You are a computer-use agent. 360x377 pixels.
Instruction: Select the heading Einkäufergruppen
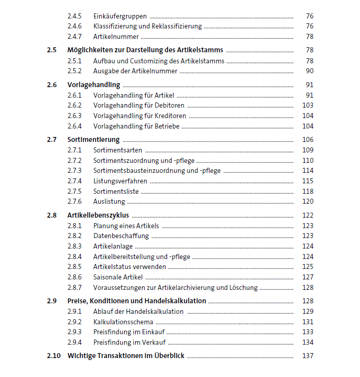[120, 16]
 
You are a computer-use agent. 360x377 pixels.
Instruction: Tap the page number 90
[309, 71]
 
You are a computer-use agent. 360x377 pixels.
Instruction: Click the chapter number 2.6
[52, 85]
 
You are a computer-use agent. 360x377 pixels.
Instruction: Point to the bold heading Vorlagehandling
[94, 85]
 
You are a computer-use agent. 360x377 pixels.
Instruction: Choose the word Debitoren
[169, 105]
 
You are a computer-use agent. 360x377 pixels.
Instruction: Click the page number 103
[308, 105]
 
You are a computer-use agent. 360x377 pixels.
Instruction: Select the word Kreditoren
[170, 116]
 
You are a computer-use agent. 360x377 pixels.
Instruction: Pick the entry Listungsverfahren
[120, 181]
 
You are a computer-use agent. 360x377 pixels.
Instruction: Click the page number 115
[308, 181]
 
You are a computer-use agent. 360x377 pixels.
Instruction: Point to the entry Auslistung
[109, 202]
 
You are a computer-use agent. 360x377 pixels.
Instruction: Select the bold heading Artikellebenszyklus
[98, 215]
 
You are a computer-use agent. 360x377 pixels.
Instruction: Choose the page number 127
[308, 277]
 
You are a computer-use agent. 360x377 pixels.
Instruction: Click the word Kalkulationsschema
[123, 322]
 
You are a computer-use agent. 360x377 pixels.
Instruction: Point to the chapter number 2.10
[53, 356]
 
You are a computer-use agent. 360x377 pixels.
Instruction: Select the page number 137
[308, 356]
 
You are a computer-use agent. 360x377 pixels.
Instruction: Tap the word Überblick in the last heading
[169, 356]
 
